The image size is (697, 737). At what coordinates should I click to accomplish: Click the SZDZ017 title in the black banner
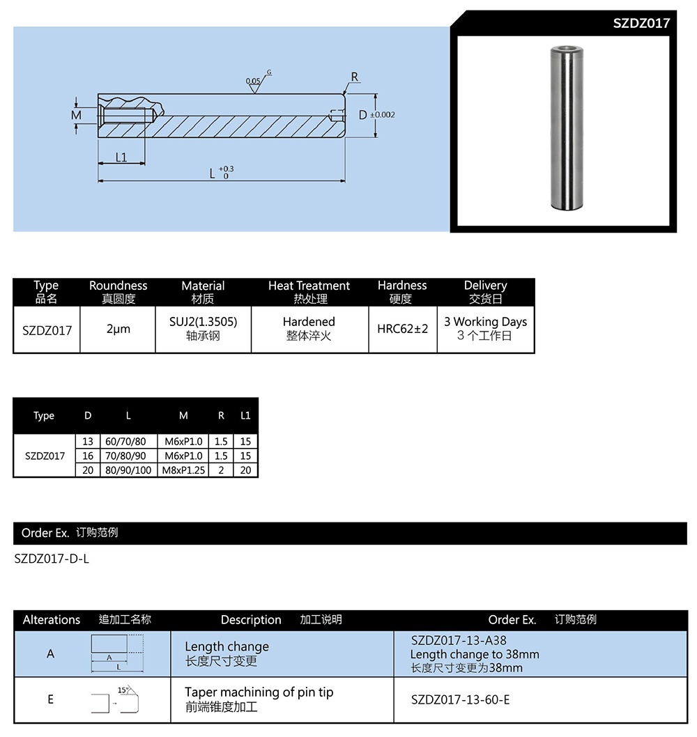641,23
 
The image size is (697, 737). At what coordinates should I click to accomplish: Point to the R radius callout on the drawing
355,77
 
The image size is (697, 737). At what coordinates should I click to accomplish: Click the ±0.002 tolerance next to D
382,115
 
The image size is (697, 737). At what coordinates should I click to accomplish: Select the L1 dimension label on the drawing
121,157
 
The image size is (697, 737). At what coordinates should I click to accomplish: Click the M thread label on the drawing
77,115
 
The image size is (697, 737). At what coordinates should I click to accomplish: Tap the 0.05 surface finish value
254,82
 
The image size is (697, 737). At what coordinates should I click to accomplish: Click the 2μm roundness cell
118,329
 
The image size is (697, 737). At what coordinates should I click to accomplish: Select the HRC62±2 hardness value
402,329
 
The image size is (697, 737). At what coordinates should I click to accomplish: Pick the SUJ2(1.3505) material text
203,322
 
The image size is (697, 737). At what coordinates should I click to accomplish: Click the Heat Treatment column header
309,286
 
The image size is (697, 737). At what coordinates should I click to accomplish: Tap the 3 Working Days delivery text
485,322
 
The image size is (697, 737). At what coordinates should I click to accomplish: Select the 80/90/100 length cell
128,470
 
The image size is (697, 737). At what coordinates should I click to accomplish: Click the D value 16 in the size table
88,456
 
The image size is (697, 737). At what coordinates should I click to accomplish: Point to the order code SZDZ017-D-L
52,559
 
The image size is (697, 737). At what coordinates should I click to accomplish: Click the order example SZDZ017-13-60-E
460,699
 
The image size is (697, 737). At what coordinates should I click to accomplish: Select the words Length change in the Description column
227,646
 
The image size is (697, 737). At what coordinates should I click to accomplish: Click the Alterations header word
52,620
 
